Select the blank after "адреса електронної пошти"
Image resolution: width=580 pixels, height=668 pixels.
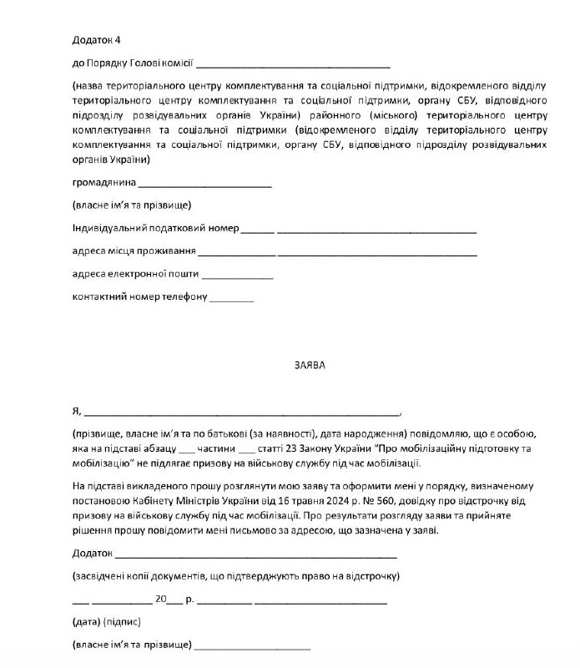point(238,274)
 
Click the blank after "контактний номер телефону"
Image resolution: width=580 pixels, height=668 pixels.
point(231,297)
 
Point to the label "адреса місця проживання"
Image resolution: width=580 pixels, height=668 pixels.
point(134,250)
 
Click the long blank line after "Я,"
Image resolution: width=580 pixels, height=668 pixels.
point(242,412)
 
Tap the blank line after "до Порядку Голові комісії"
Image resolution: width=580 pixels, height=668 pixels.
point(293,63)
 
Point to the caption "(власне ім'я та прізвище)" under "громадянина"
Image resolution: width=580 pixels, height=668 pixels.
point(132,205)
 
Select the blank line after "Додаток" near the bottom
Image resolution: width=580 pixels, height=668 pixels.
point(255,554)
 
